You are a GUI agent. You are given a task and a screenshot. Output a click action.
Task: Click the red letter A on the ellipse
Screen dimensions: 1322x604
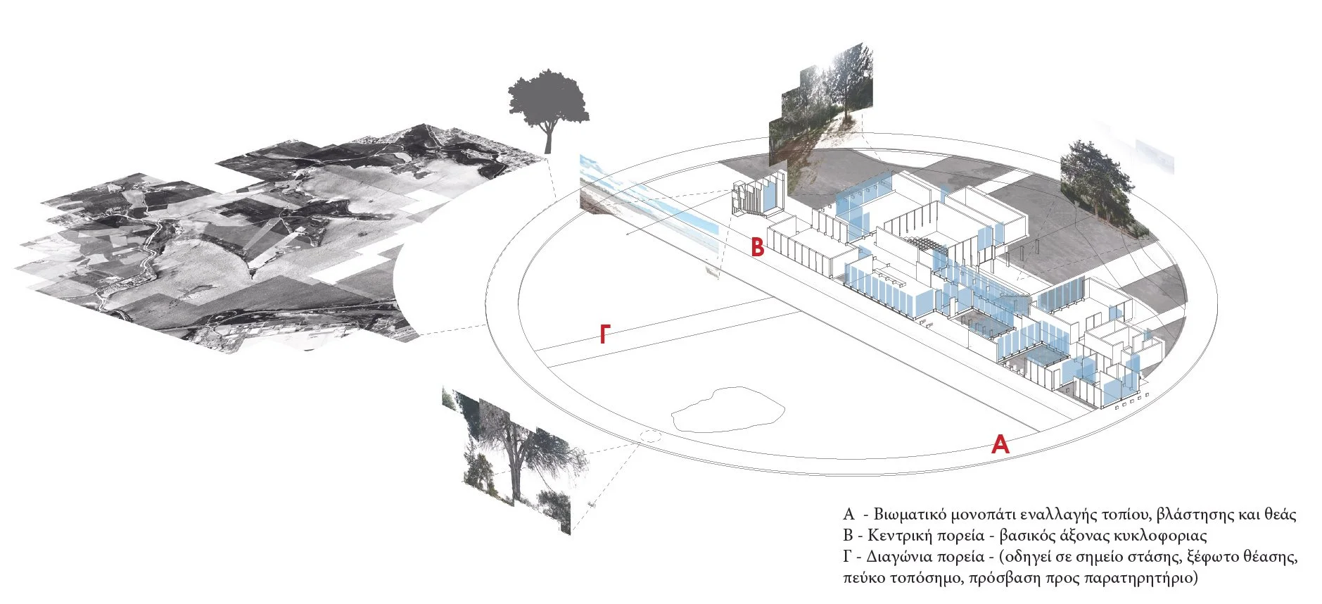pos(1000,443)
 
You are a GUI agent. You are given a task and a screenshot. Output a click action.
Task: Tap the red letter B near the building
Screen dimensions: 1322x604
pos(757,247)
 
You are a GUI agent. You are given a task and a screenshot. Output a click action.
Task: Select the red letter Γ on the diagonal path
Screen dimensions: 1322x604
pos(604,334)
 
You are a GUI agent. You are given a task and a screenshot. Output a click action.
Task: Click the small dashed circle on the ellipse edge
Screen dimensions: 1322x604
pos(649,436)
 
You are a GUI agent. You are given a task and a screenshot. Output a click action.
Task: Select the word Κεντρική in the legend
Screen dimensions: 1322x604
pos(900,536)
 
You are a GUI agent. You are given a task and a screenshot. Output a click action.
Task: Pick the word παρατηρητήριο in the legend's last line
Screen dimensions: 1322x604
pos(1139,579)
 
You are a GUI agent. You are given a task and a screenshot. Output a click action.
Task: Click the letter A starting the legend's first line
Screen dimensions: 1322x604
pos(849,515)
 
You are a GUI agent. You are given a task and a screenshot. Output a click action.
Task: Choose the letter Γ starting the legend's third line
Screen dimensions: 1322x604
pos(847,557)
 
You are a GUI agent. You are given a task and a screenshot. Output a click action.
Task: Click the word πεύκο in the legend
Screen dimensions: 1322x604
pos(862,579)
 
